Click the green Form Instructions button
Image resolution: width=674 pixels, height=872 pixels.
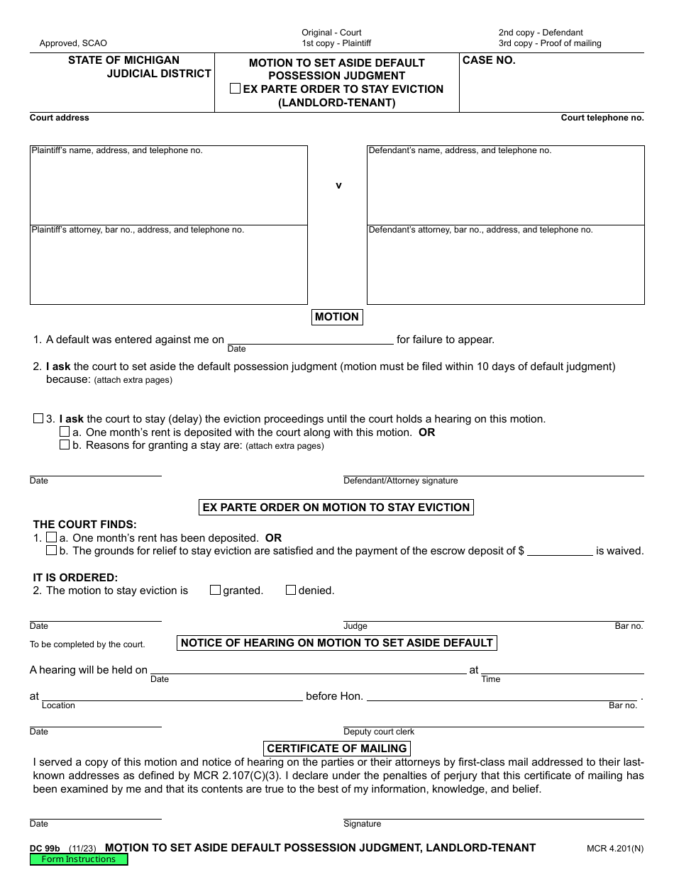[79, 859]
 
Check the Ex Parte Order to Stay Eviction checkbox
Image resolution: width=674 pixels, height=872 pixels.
[235, 89]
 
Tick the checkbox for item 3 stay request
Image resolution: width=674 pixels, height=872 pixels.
[38, 418]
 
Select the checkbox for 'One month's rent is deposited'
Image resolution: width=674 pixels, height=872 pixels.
[65, 432]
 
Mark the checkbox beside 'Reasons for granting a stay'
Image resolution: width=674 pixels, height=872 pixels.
[65, 445]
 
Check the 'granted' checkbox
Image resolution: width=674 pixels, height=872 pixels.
[215, 590]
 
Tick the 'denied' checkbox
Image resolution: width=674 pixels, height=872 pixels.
[290, 590]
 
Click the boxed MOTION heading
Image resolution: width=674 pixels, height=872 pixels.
[337, 317]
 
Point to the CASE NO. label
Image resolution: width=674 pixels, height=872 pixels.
[489, 61]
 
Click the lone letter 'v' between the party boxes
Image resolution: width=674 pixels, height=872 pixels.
[338, 186]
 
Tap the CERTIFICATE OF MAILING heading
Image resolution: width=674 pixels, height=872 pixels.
[337, 748]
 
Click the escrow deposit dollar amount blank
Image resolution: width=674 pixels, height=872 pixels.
[560, 551]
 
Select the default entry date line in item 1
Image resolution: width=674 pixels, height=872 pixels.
[310, 339]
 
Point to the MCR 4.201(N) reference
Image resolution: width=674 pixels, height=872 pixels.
[615, 848]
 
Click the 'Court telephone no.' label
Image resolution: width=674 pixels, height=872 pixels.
[602, 118]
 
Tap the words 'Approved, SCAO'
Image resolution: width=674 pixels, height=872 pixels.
[73, 43]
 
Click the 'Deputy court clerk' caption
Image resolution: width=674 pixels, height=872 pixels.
[379, 732]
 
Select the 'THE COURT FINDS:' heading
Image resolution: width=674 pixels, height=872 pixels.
[84, 525]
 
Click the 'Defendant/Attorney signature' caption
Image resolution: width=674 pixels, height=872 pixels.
[401, 481]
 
